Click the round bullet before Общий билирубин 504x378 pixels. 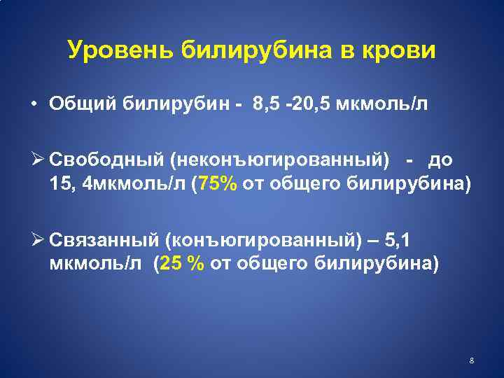(34, 105)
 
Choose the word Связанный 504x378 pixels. (101, 239)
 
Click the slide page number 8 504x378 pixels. (472, 360)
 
